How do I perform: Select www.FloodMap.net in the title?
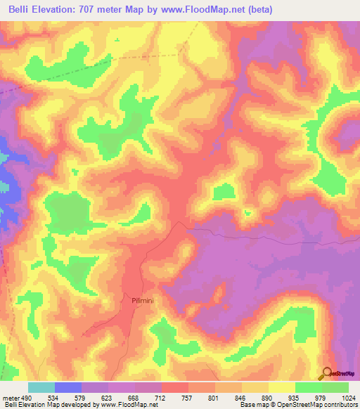(198, 10)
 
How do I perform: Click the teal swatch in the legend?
(41, 387)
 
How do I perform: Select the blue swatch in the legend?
(68, 387)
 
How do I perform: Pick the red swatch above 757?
(175, 387)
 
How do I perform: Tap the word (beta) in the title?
(258, 10)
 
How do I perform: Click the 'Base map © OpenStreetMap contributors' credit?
(299, 405)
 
